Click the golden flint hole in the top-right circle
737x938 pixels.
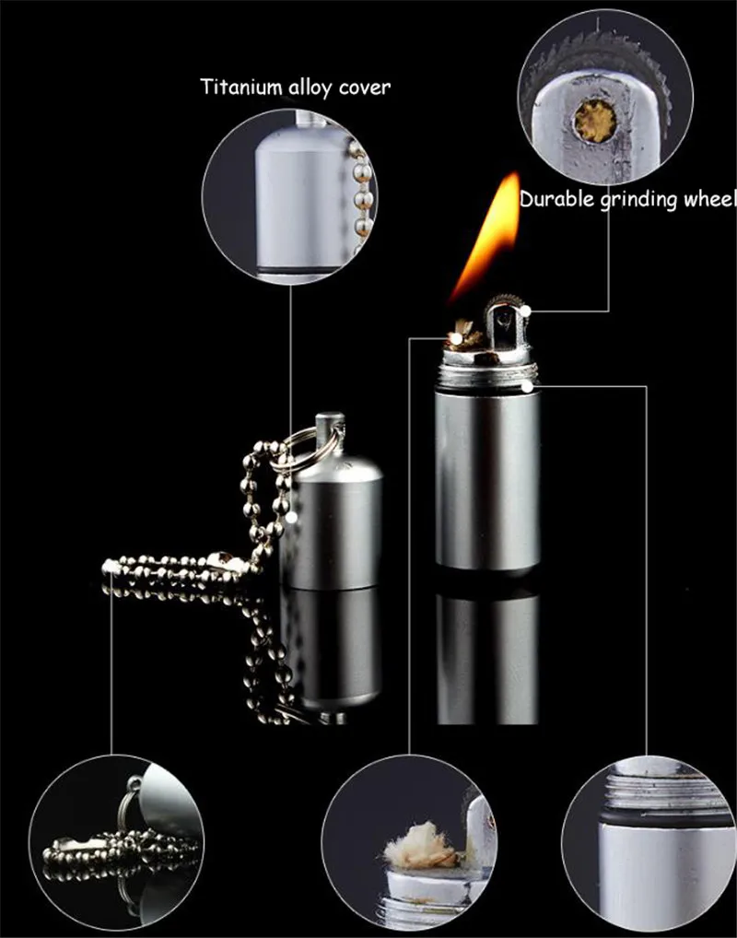coord(594,121)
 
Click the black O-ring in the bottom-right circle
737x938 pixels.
coord(664,818)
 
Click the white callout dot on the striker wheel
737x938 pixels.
coord(525,310)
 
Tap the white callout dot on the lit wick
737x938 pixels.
coord(456,338)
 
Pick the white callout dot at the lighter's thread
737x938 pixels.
coord(527,386)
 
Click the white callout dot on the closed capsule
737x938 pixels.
coord(291,517)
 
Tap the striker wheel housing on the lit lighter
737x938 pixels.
coord(506,328)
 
